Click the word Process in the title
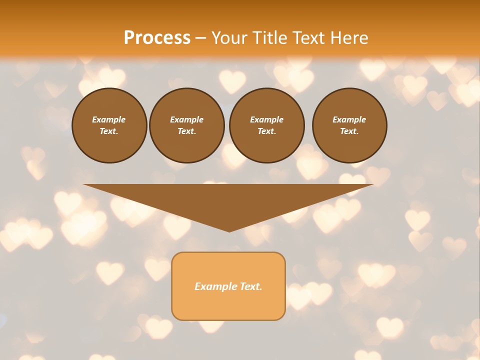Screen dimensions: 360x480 tap(157, 38)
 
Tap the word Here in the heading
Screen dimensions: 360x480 tap(348, 38)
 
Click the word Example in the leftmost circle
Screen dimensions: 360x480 tap(109, 119)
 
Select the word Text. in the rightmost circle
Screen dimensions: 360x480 tap(349, 131)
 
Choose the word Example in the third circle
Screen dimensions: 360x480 tap(266, 119)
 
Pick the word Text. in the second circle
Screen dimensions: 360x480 tap(186, 131)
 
